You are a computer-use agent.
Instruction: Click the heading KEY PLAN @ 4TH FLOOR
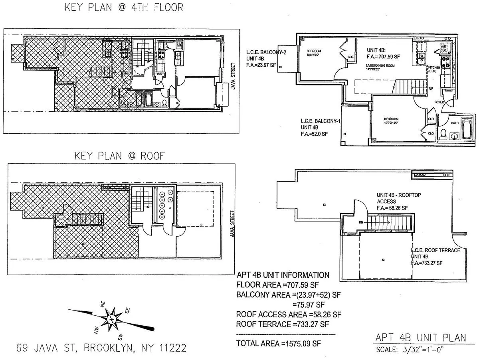coord(124,8)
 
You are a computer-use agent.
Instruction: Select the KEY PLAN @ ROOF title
coord(120,156)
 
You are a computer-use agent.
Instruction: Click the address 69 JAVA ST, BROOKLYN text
coord(101,348)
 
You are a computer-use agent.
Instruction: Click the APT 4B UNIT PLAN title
coord(420,338)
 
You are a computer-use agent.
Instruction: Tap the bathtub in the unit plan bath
coord(465,129)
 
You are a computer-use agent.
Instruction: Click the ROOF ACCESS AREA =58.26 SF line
coord(289,314)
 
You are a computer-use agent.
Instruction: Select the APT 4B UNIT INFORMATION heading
coord(283,275)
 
